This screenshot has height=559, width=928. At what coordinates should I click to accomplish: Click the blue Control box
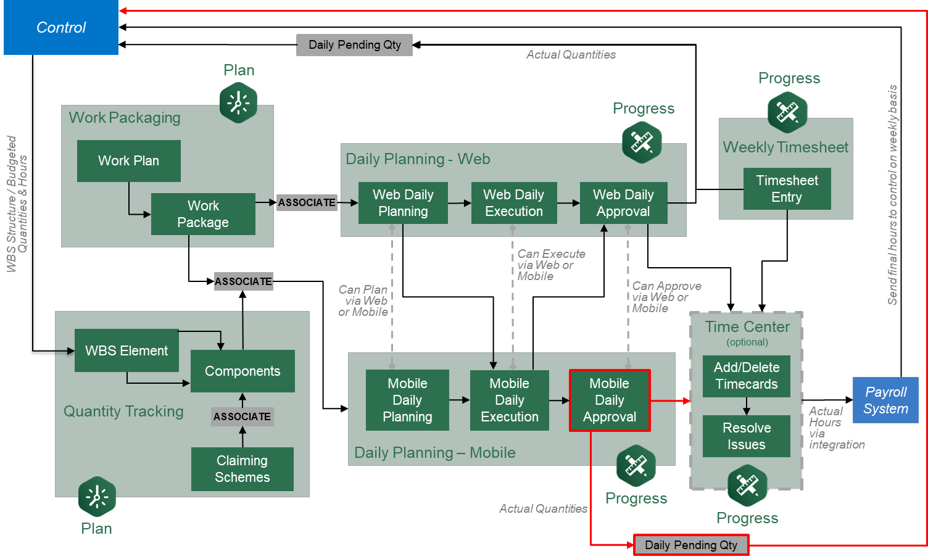coord(61,28)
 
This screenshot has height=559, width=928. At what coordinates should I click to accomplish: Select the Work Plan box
coord(128,161)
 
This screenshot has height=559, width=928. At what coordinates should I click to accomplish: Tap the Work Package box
coord(203,214)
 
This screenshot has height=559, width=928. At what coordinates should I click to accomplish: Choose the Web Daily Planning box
coord(403,203)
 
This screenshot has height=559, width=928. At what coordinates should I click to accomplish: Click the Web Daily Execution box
coord(513,203)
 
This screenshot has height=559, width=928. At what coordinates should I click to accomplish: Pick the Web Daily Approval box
coord(623,203)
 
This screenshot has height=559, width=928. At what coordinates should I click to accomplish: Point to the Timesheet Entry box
coord(787,189)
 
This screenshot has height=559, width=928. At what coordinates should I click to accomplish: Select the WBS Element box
coord(126,350)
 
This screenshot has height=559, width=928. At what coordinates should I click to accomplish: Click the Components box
coord(242,371)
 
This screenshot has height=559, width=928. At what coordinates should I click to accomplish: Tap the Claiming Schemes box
coord(242,469)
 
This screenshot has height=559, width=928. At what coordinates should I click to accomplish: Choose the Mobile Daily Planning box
coord(407,400)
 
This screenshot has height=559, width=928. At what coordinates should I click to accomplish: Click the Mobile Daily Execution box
coord(509,400)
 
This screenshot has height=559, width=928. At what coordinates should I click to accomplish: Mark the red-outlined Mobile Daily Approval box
coord(610,400)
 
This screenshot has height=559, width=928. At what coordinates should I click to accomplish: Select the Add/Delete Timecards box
coord(746,376)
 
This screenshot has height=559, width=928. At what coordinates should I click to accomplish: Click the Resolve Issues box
coord(746,436)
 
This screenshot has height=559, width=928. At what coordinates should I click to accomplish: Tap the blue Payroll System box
coord(885,400)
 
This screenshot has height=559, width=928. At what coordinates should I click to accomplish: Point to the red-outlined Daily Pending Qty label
coord(691,545)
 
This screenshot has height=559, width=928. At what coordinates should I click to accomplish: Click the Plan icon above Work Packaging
coord(238,102)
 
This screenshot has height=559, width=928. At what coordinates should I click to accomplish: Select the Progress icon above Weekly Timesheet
coord(787,112)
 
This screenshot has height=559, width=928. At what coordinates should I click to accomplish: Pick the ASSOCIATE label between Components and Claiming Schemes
coord(242,417)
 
